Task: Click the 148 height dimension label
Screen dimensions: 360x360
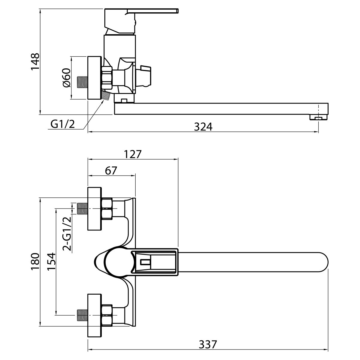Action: point(35,61)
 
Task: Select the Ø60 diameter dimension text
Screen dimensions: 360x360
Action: point(67,78)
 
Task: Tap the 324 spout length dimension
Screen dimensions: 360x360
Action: point(203,127)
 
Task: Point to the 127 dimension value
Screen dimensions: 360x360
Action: point(133,154)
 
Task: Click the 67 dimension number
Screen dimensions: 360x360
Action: point(111,170)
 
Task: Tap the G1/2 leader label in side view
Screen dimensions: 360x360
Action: point(63,124)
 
